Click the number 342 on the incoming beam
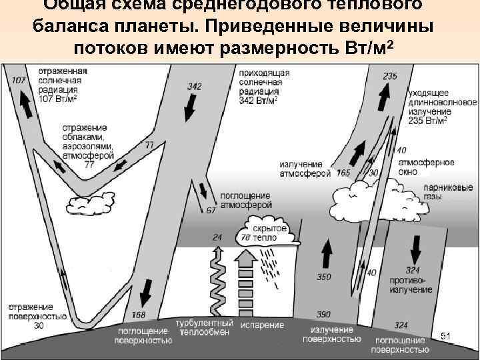(195, 87)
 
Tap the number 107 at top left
(19, 81)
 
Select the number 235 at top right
(390, 76)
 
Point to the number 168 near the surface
(139, 315)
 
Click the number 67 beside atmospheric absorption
(211, 211)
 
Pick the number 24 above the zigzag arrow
(217, 237)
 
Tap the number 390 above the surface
(324, 313)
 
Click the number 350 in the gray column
(324, 277)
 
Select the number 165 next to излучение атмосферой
(343, 173)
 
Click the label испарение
(267, 325)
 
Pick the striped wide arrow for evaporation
(246, 280)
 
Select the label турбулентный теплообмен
(204, 327)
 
